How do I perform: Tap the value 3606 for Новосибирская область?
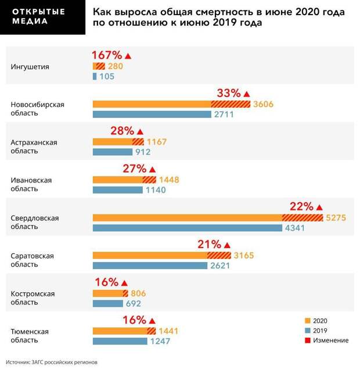[263, 105]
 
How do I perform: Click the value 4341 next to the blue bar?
[294, 228]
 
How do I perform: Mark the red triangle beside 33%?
[246, 94]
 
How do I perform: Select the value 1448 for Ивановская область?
[168, 180]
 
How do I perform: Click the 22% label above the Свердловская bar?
[301, 207]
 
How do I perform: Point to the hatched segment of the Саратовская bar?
[218, 256]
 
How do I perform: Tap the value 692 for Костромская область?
[132, 303]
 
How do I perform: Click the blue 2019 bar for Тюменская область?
[120, 341]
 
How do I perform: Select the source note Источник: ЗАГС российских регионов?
[48, 361]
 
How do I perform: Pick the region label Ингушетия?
[30, 66]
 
